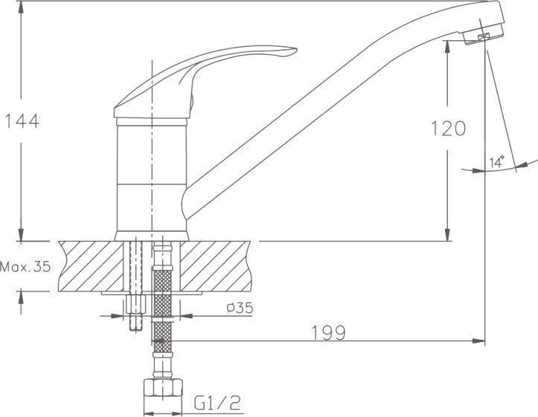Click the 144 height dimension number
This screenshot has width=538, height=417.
[x=22, y=121]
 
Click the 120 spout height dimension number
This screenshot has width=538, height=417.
[x=448, y=129]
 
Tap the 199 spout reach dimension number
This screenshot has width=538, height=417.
[x=328, y=332]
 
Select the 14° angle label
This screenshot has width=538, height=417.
[x=497, y=161]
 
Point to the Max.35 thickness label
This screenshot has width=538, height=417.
[x=25, y=266]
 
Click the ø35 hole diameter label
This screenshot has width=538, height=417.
[x=240, y=308]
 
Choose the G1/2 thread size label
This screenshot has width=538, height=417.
[x=217, y=403]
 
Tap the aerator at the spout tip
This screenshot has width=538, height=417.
[x=483, y=35]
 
